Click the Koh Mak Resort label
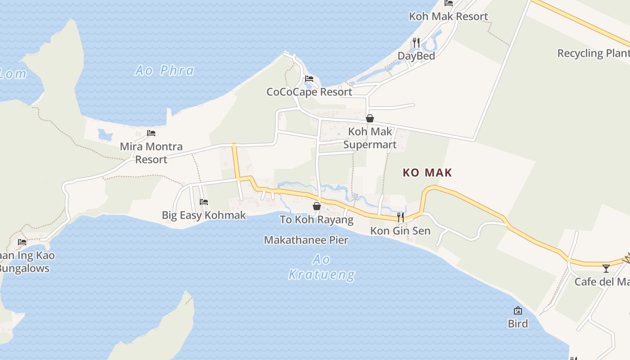tap(448, 17)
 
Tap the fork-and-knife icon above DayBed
tap(416, 43)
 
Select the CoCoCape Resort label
tap(309, 92)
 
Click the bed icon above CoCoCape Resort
tap(309, 79)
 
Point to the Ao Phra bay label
tap(165, 71)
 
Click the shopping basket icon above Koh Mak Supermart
tap(370, 118)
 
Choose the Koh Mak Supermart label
tap(370, 138)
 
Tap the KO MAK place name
tap(427, 173)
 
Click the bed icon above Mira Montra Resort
tap(151, 133)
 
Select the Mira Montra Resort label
tap(151, 153)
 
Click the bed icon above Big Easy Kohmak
tap(204, 202)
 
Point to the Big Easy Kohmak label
tap(204, 215)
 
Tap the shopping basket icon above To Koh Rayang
tap(317, 206)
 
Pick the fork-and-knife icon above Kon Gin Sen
tap(400, 217)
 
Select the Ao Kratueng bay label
tap(321, 267)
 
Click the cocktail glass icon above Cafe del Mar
tap(606, 269)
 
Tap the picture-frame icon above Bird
tap(518, 310)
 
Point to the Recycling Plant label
tap(593, 53)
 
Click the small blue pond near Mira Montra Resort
tap(105, 135)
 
